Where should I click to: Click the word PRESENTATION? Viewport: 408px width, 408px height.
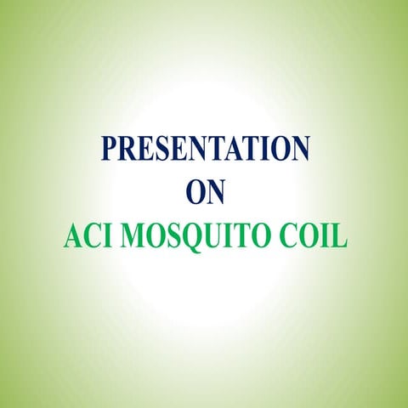(x=205, y=148)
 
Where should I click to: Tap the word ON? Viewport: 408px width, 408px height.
(x=205, y=192)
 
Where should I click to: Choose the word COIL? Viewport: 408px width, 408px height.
(x=313, y=236)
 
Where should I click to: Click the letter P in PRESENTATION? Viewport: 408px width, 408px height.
(x=109, y=148)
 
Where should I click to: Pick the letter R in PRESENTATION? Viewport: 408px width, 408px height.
(x=126, y=148)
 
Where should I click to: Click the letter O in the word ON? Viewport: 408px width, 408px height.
(x=194, y=192)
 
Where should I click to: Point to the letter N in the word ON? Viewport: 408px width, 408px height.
(x=216, y=192)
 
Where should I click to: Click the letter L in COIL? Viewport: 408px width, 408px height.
(x=340, y=236)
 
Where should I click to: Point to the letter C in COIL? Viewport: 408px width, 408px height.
(x=287, y=236)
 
